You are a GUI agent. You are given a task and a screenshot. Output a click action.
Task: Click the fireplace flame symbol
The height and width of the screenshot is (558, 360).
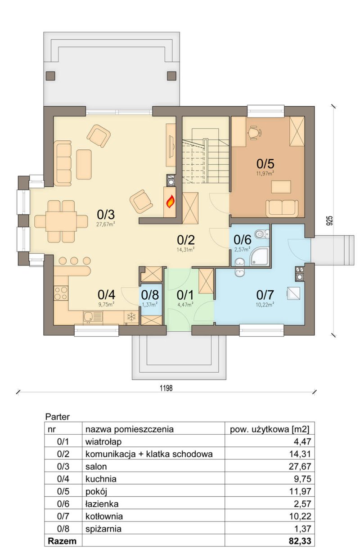point(170,201)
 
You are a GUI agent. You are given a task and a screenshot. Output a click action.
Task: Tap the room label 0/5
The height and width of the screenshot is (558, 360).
point(265,164)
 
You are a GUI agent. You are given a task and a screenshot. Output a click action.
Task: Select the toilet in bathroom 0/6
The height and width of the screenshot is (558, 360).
point(262,234)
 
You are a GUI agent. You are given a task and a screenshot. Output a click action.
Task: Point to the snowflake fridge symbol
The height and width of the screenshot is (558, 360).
point(131,317)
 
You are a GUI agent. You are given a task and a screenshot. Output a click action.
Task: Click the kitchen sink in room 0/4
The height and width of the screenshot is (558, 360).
point(89,317)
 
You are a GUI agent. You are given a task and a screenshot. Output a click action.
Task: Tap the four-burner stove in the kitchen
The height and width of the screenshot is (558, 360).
point(61,293)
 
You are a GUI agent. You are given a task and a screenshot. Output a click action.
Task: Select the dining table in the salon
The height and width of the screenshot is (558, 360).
point(61,221)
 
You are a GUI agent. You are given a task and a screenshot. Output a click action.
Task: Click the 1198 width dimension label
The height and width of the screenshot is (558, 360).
point(166,388)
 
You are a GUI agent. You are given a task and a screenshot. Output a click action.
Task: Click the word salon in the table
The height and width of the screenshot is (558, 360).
point(96,466)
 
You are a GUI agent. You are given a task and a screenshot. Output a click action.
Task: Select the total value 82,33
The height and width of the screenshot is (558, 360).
point(300,541)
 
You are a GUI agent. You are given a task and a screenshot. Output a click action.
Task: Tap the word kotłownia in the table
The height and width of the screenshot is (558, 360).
point(104,516)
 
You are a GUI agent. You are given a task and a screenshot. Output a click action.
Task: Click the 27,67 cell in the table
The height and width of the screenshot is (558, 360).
point(300,466)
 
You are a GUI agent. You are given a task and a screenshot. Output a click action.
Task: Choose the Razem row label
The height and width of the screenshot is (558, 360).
point(62,541)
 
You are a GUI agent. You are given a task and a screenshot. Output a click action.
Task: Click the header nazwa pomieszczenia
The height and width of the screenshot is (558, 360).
point(130,429)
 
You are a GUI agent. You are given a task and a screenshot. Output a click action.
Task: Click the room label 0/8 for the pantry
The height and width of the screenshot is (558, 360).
point(150,295)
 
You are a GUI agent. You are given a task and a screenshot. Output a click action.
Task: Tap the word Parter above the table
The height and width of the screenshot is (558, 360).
point(58,417)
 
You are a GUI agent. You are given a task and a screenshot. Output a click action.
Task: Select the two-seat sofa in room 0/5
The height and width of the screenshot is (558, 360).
point(282,208)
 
